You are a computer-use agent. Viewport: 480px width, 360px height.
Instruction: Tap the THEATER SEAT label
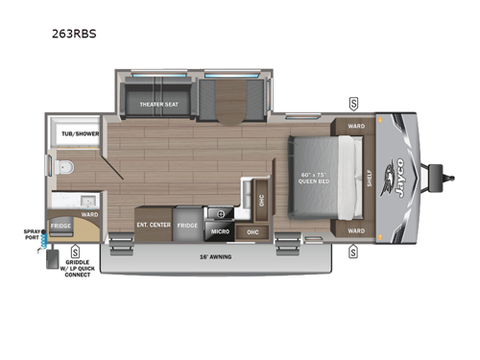coord(160,105)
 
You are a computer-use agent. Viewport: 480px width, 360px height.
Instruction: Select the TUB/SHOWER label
coord(74,134)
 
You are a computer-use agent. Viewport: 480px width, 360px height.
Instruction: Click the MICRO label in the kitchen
coord(219,231)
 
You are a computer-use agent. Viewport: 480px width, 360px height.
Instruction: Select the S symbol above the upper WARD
coord(353,103)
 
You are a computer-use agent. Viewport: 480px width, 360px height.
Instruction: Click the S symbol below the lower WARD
coord(353,252)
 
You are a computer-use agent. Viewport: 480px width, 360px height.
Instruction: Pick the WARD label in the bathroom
coord(88,214)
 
